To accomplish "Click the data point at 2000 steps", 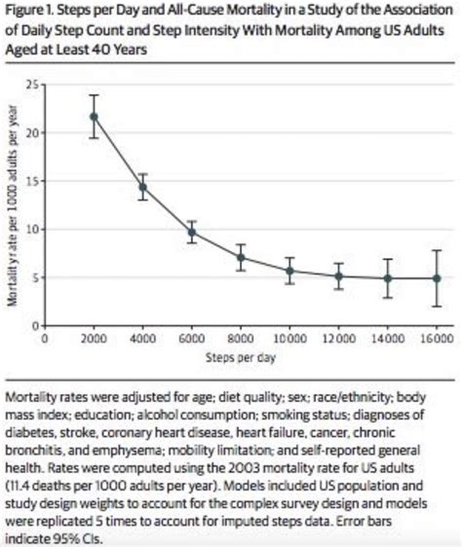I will click(94, 117).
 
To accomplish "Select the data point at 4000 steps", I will click(142, 187).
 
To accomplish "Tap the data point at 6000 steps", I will click(192, 233).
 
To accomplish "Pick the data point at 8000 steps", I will click(241, 258).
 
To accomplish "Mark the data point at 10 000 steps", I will click(289, 271).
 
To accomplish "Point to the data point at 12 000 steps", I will click(338, 276).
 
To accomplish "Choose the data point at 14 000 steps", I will click(387, 278).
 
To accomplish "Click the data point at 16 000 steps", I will click(436, 278).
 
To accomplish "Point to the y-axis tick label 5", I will click(34, 277).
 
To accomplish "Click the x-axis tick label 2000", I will click(94, 339).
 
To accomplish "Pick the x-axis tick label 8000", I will click(241, 339).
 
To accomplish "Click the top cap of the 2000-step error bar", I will click(94, 95).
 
